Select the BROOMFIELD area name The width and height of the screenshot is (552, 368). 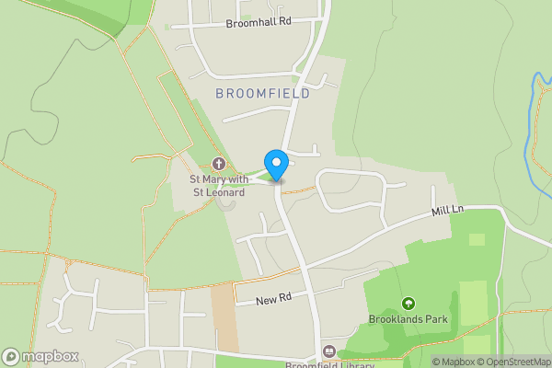[x=261, y=93]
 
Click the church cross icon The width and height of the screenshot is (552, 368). [x=218, y=164]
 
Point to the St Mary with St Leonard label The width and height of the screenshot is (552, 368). [x=217, y=186]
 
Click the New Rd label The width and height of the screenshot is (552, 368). [x=274, y=297]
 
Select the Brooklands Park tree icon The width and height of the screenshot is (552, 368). [x=408, y=303]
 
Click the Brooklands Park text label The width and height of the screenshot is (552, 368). [x=408, y=320]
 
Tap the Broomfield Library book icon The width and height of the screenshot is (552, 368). [x=328, y=351]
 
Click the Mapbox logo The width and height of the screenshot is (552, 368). [x=40, y=357]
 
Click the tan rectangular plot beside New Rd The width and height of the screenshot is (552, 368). [x=224, y=317]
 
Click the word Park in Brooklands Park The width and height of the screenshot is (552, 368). [x=432, y=320]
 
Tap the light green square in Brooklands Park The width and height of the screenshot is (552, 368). [x=477, y=240]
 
